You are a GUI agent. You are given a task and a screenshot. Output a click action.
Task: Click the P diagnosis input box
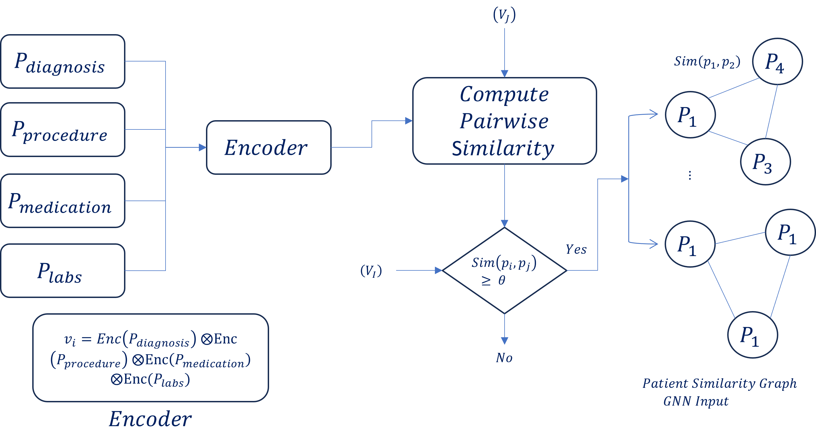point(63,61)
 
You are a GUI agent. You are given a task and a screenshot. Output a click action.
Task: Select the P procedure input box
point(63,129)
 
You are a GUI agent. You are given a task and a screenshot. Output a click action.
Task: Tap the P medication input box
point(63,201)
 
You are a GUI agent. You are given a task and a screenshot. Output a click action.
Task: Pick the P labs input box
point(63,271)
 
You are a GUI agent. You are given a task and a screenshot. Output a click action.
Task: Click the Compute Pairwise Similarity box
point(504,121)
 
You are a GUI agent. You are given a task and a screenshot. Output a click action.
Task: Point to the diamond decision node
point(504,271)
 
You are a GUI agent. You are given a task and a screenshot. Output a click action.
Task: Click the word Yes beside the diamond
point(576,250)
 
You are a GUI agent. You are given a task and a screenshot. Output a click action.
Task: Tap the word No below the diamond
point(504,358)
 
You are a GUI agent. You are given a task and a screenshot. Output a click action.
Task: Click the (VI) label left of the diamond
point(371,271)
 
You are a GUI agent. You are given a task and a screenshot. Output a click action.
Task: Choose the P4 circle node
point(777,61)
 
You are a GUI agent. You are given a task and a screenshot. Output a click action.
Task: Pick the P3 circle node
point(765,161)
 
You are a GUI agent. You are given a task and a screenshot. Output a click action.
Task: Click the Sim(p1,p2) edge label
point(707,62)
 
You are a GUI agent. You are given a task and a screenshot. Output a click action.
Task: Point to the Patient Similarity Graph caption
point(719,383)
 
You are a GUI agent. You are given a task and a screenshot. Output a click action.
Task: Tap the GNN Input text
point(696,401)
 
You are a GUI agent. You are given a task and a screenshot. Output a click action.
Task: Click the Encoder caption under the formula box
point(150,419)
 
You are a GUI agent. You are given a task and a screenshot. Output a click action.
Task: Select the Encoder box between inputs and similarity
point(269,147)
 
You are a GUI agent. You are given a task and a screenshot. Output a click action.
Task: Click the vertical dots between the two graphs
point(690,175)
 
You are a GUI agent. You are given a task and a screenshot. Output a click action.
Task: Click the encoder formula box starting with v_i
point(151,358)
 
